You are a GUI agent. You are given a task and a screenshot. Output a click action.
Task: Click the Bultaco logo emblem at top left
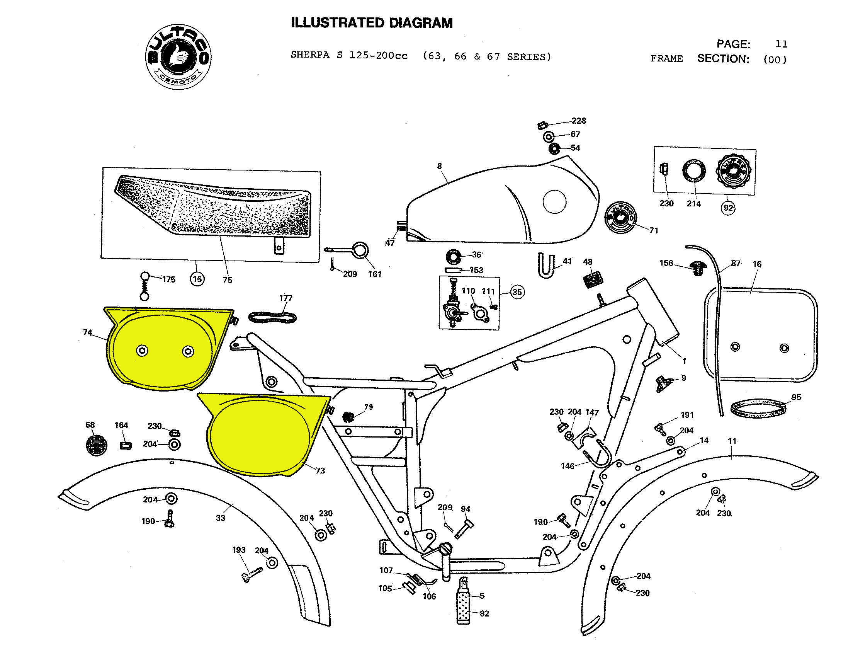(178, 57)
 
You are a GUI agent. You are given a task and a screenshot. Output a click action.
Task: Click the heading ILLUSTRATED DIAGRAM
(372, 23)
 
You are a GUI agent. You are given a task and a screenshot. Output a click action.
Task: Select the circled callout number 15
(197, 279)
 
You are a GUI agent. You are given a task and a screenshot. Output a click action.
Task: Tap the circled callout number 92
(728, 208)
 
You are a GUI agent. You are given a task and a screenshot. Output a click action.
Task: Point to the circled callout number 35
(517, 292)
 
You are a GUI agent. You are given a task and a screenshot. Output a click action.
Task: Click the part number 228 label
(579, 121)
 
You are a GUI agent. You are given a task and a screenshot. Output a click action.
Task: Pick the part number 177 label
(285, 298)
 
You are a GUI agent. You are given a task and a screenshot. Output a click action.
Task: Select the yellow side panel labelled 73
(261, 434)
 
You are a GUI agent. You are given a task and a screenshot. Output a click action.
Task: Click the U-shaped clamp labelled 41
(546, 266)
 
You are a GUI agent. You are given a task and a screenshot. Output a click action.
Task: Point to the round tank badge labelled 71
(621, 218)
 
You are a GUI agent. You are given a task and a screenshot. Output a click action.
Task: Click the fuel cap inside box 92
(733, 171)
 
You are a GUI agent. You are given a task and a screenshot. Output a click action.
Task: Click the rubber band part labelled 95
(758, 409)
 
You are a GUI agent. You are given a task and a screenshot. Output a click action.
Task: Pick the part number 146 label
(568, 466)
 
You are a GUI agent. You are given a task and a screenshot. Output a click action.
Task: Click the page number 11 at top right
(782, 44)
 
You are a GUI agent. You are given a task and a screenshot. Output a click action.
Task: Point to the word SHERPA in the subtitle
(310, 55)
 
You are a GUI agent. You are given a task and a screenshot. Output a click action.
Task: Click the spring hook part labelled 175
(145, 286)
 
